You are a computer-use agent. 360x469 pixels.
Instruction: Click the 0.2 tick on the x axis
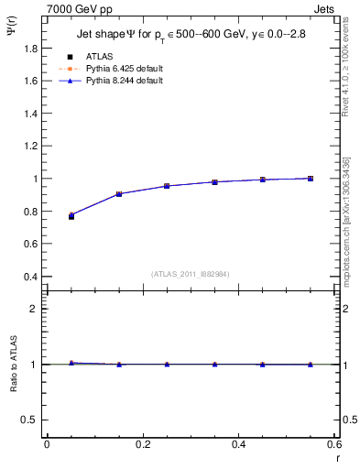point(142,444)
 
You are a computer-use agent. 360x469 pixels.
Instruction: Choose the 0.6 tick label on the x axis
point(334,444)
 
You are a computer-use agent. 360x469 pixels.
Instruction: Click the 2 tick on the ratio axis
point(34,309)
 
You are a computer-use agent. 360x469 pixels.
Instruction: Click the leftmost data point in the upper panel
point(71,216)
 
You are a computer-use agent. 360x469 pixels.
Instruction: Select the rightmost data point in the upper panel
point(311,179)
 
